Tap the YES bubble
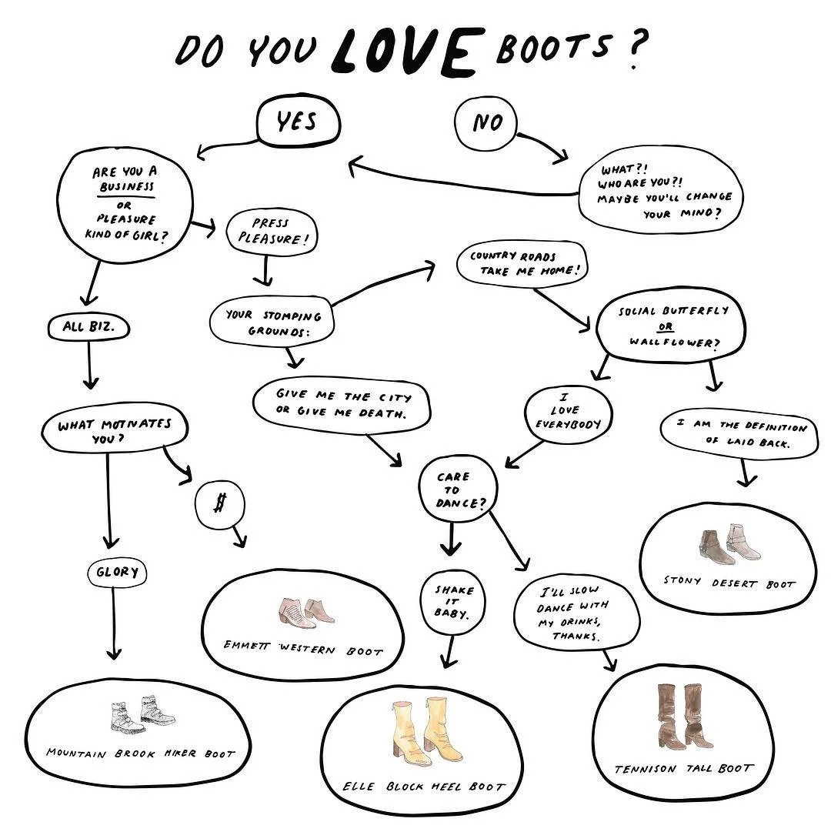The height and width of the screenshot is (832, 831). pyautogui.click(x=298, y=123)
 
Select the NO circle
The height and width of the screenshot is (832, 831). pyautogui.click(x=486, y=123)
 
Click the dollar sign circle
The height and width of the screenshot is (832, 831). pyautogui.click(x=220, y=504)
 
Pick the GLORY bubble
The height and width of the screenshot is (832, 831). pyautogui.click(x=117, y=572)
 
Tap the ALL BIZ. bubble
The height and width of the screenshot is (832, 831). pyautogui.click(x=89, y=327)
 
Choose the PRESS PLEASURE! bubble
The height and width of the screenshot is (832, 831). pyautogui.click(x=271, y=231)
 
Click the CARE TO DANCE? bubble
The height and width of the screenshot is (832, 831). pyautogui.click(x=457, y=490)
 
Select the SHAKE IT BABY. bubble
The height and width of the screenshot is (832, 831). pyautogui.click(x=454, y=601)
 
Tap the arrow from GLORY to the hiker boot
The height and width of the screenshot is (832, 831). pyautogui.click(x=114, y=623)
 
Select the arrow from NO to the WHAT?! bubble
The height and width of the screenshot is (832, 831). pyautogui.click(x=542, y=145)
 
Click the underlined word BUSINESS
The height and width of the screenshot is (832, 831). pyautogui.click(x=127, y=187)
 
